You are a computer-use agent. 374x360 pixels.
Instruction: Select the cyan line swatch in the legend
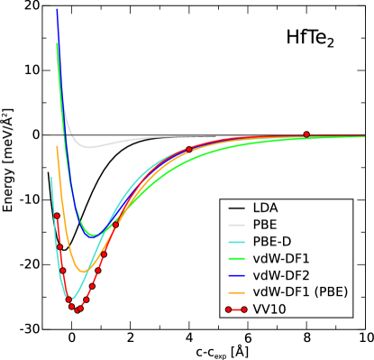236,243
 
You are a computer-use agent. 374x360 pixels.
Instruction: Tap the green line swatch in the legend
236,259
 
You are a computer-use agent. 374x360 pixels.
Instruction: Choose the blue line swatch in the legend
236,276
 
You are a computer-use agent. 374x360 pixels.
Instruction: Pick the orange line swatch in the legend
236,293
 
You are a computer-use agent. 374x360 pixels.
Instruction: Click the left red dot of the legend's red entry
228,309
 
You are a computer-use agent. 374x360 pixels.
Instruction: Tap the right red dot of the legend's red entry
244,309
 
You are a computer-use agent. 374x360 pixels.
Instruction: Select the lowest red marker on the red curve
78,311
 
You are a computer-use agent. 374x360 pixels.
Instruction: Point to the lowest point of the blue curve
93,236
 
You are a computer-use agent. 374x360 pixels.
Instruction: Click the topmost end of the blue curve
57,10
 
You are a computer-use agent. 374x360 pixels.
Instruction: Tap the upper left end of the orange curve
57,146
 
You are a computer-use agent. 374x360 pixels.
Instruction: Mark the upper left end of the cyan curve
51,177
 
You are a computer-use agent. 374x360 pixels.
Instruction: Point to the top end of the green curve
57,42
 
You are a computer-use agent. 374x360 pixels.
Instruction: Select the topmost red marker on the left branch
56,215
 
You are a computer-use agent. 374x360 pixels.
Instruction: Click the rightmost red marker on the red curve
306,134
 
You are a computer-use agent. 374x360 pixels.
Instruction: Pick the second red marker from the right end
188,150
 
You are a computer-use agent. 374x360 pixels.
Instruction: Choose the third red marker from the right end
115,224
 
